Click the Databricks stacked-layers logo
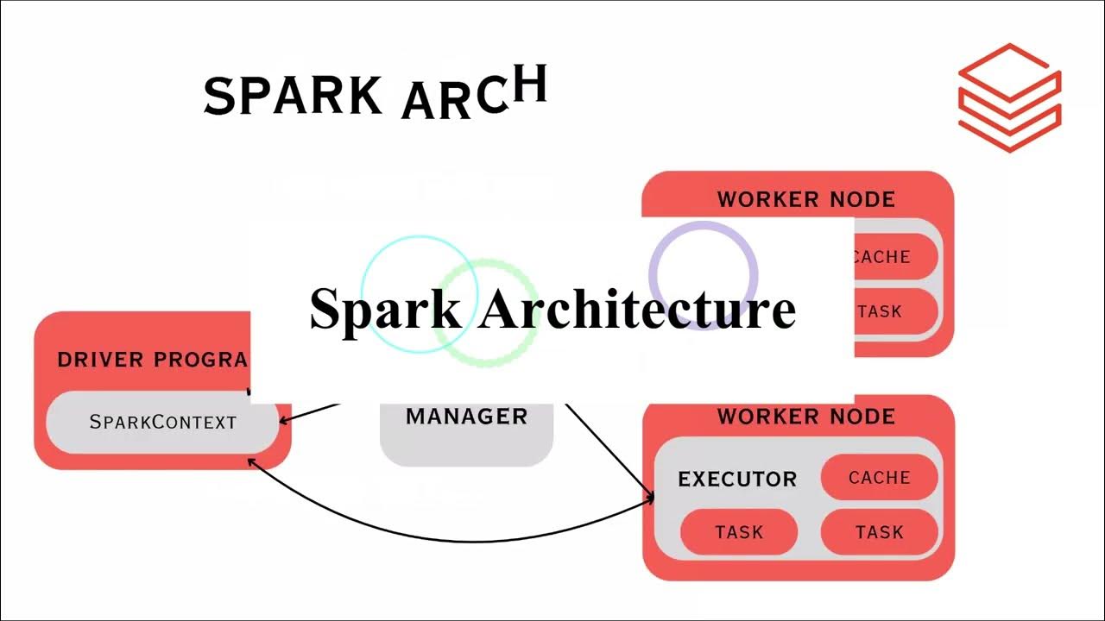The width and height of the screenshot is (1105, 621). (x=1009, y=97)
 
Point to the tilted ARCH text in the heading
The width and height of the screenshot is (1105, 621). (x=475, y=93)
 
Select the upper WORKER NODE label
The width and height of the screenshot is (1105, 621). (x=805, y=199)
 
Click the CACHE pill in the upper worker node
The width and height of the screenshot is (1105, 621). (x=894, y=257)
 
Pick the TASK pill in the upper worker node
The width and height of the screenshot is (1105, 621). (x=894, y=311)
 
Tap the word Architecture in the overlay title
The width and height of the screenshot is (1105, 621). (x=637, y=309)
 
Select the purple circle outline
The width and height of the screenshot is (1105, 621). (x=704, y=226)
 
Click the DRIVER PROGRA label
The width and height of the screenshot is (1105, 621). (x=152, y=360)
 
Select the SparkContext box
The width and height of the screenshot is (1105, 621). (x=163, y=423)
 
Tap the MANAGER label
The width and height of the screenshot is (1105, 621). (x=466, y=417)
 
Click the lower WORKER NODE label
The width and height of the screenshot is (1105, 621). (x=805, y=417)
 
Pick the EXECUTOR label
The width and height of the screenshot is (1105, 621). (x=737, y=480)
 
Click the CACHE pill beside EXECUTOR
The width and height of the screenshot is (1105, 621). (x=879, y=478)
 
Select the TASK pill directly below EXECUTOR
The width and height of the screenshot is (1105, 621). (x=739, y=532)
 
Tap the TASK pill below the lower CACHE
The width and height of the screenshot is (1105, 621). (x=879, y=532)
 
